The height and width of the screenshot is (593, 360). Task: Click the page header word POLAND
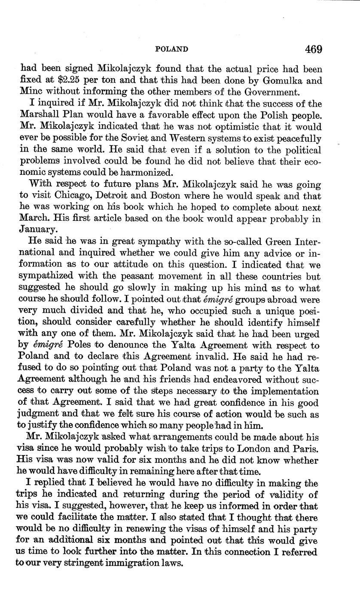171,49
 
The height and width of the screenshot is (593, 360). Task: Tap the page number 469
314,49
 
